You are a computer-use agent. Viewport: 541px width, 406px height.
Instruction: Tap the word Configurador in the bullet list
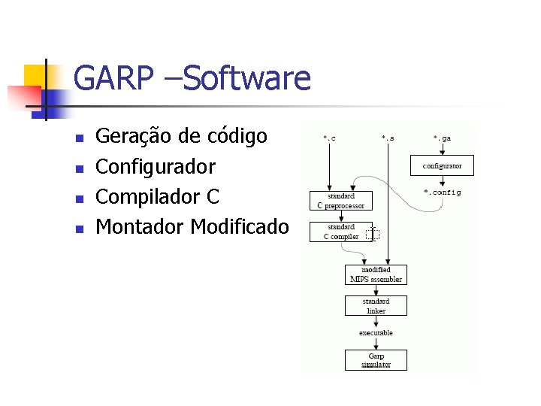(x=156, y=166)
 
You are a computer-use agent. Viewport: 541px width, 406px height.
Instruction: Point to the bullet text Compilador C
(x=158, y=196)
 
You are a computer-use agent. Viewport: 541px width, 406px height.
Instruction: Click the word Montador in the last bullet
(x=141, y=226)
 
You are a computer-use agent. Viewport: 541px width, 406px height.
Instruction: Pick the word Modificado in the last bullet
(x=240, y=226)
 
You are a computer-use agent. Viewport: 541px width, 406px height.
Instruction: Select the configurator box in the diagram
(x=442, y=165)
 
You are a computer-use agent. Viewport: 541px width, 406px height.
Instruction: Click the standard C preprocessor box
(x=340, y=201)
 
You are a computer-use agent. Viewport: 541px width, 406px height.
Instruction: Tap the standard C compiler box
(x=340, y=231)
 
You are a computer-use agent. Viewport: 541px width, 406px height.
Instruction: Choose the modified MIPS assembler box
(x=376, y=274)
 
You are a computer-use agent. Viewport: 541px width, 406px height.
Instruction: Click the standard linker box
(x=376, y=305)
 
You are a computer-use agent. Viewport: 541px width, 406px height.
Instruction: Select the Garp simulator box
(x=376, y=360)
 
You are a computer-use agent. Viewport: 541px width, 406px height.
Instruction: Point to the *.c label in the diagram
(x=329, y=138)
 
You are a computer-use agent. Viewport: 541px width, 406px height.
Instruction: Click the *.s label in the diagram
(x=387, y=138)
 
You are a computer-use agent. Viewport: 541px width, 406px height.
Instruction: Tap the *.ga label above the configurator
(x=442, y=138)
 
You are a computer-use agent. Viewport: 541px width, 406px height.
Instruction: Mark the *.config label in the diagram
(x=442, y=192)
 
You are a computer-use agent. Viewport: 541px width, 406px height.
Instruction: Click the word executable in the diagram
(x=376, y=332)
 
